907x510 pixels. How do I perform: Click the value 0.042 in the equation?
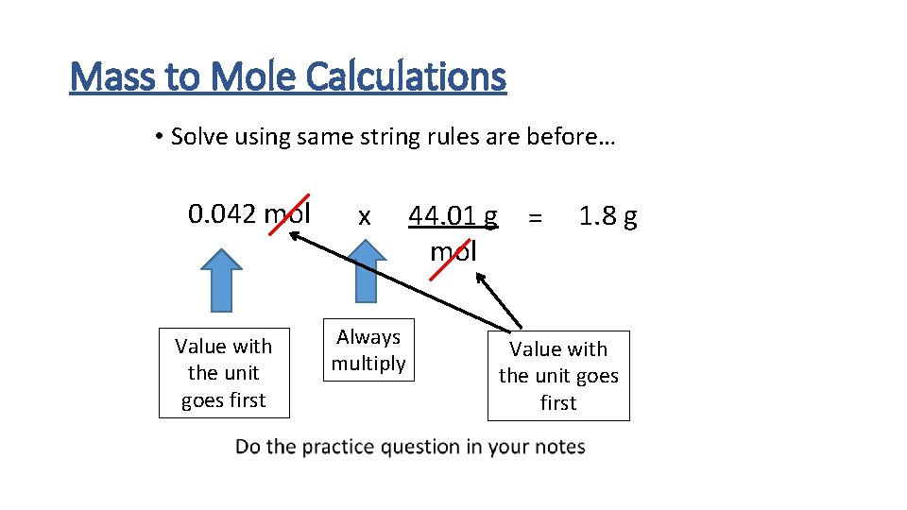point(222,214)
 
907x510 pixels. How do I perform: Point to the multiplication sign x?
point(364,216)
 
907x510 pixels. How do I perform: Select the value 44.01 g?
point(453,217)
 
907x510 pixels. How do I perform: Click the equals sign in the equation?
point(536,217)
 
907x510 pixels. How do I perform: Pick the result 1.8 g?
point(608,217)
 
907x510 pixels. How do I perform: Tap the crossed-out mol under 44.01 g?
point(453,252)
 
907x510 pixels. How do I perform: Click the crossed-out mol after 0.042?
point(287,214)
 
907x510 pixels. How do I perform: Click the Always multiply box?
point(368,350)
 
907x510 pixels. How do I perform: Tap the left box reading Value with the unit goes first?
point(223,373)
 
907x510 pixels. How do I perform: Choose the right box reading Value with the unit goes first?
point(558,376)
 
